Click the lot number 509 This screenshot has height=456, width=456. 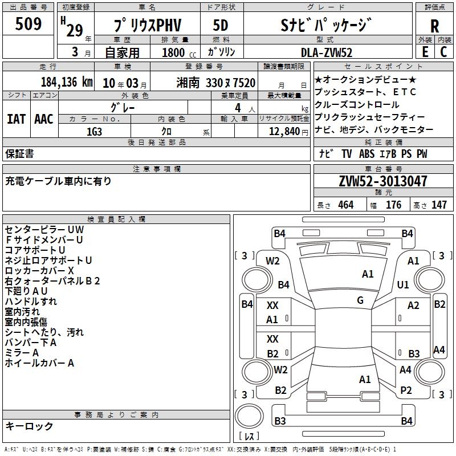pyautogui.click(x=28, y=25)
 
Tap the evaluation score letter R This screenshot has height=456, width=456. pyautogui.click(x=435, y=26)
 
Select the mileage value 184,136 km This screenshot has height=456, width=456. pyautogui.click(x=67, y=82)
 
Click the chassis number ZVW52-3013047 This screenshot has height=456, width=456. pyautogui.click(x=383, y=181)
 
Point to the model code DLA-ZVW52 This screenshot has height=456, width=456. pyautogui.click(x=327, y=52)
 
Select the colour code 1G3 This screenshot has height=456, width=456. pyautogui.click(x=94, y=131)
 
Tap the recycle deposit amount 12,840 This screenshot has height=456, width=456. pyautogui.click(x=283, y=131)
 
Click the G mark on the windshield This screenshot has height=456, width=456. pyautogui.click(x=360, y=300)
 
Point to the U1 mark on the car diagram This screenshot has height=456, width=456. pyautogui.click(x=404, y=284)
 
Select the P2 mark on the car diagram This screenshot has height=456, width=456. pyautogui.click(x=406, y=390)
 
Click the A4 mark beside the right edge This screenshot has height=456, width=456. pyautogui.click(x=439, y=349)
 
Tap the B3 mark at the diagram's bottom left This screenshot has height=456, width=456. pyautogui.click(x=280, y=421)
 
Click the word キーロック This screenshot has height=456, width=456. pyautogui.click(x=29, y=426)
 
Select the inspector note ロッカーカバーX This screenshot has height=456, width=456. pyautogui.click(x=39, y=270)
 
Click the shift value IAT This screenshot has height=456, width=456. pyautogui.click(x=16, y=119)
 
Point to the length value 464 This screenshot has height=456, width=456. pyautogui.click(x=345, y=205)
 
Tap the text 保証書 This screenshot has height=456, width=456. pyautogui.click(x=19, y=153)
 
